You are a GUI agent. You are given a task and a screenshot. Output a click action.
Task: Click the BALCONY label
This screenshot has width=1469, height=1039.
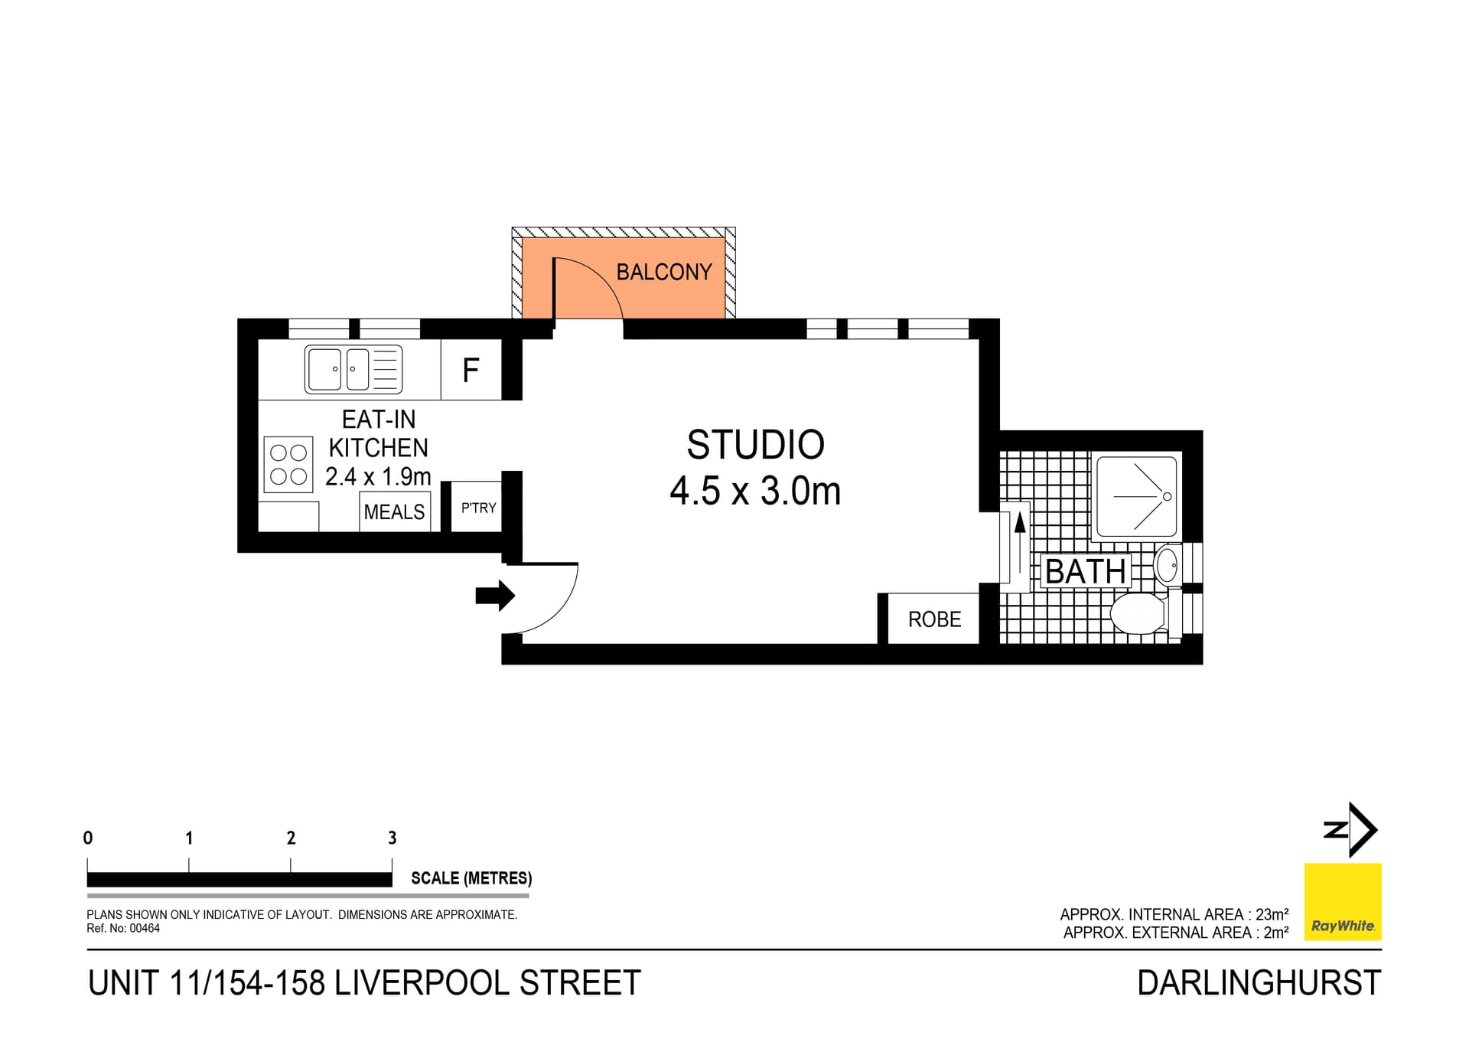pyautogui.click(x=663, y=273)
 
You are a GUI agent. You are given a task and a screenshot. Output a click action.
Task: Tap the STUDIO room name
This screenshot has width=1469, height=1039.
pyautogui.click(x=755, y=445)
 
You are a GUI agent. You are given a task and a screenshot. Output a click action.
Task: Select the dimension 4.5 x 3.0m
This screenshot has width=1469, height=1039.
pyautogui.click(x=755, y=492)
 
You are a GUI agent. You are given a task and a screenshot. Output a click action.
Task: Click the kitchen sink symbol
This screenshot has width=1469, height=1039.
pyautogui.click(x=353, y=370)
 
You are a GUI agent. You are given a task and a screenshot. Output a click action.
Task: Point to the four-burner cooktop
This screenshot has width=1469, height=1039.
pyautogui.click(x=288, y=465)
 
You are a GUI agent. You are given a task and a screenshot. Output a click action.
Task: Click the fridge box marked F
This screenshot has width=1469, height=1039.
pyautogui.click(x=471, y=371)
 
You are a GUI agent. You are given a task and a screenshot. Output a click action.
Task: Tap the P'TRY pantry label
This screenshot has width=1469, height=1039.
pyautogui.click(x=478, y=508)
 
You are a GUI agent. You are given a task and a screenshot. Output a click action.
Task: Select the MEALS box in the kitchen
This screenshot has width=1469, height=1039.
pyautogui.click(x=394, y=511)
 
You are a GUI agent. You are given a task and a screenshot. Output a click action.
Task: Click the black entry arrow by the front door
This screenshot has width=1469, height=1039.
pyautogui.click(x=495, y=596)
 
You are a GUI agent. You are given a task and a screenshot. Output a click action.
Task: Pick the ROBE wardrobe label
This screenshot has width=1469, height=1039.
pyautogui.click(x=934, y=619)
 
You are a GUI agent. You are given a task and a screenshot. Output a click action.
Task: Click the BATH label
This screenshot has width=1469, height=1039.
pyautogui.click(x=1085, y=572)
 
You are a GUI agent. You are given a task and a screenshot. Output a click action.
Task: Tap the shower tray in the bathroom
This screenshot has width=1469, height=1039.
pyautogui.click(x=1136, y=497)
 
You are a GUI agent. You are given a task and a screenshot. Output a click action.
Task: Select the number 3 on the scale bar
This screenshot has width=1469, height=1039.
pyautogui.click(x=392, y=838)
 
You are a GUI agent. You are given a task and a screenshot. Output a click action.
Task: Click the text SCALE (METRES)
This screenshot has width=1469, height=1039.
pyautogui.click(x=471, y=878)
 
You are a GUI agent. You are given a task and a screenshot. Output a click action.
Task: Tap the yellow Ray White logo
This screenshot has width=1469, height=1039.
pyautogui.click(x=1342, y=902)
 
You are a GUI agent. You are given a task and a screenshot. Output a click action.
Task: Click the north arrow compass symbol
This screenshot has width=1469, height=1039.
pyautogui.click(x=1353, y=830)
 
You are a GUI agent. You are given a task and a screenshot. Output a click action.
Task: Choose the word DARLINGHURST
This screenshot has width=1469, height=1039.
pyautogui.click(x=1259, y=983)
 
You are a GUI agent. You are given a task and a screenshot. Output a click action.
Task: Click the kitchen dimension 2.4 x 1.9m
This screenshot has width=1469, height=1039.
pyautogui.click(x=378, y=477)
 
